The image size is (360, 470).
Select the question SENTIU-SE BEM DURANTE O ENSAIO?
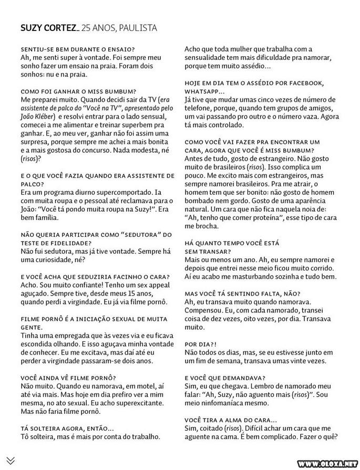tap(70, 49)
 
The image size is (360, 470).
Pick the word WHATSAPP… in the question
tap(204, 91)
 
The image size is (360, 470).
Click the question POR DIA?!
tap(200, 343)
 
